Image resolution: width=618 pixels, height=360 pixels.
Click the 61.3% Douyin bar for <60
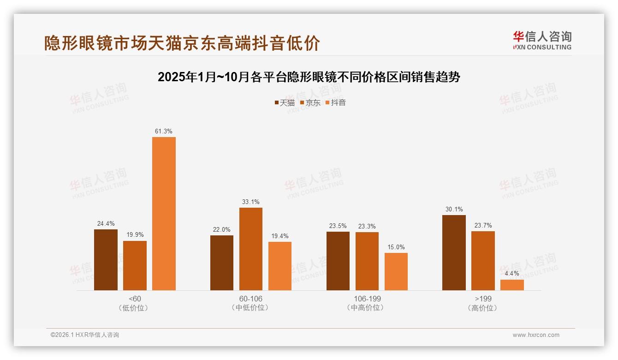[x=164, y=213]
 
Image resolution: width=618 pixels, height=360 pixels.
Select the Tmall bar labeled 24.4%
[x=106, y=260]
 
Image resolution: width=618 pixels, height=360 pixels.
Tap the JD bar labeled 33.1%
[x=250, y=249]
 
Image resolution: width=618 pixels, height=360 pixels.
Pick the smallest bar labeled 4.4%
[x=512, y=285]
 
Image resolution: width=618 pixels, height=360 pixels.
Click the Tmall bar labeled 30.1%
[x=454, y=252]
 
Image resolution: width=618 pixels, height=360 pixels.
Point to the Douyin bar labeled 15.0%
[x=396, y=271]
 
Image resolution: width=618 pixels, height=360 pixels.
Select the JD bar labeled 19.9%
[x=135, y=265]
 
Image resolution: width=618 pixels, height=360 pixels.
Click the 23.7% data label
[x=483, y=225]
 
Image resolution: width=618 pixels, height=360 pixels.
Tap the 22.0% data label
[x=222, y=229]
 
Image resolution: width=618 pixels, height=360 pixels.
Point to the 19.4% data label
[x=279, y=236]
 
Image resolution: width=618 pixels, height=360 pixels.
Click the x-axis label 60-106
[x=250, y=299]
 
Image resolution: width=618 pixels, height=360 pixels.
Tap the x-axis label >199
[x=483, y=299]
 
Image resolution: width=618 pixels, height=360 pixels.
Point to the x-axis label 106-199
[x=367, y=299]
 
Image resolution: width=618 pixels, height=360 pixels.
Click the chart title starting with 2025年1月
[x=309, y=77]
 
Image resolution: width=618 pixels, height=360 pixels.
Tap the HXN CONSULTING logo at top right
[x=542, y=40]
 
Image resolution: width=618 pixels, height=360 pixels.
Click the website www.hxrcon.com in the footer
[x=536, y=335]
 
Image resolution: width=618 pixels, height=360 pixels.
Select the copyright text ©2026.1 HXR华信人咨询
[x=85, y=335]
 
